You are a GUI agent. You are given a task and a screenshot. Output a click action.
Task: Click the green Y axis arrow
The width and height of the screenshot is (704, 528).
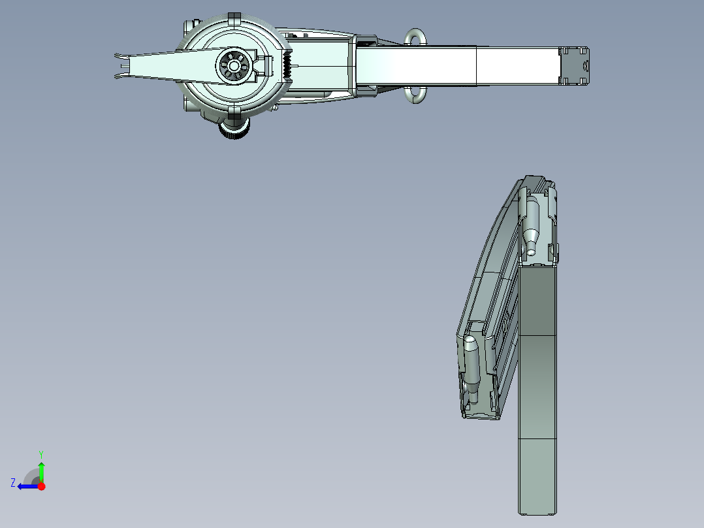(41, 470)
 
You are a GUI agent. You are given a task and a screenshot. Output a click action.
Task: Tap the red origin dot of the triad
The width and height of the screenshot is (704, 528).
(41, 486)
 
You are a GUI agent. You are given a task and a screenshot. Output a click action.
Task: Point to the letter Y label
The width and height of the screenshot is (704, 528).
(40, 454)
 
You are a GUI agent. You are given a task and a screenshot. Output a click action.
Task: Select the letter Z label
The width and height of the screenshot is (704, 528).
(13, 482)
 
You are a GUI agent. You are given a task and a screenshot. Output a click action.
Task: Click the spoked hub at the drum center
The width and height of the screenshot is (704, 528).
(233, 66)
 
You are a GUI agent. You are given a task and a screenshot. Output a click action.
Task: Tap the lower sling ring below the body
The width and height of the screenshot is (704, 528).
(415, 95)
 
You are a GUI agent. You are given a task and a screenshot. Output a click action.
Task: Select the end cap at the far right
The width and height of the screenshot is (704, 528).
(575, 65)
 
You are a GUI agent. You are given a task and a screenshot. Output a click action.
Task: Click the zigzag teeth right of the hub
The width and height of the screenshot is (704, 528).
(286, 66)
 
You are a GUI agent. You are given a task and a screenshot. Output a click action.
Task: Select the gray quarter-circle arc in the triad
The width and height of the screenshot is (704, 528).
(30, 476)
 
